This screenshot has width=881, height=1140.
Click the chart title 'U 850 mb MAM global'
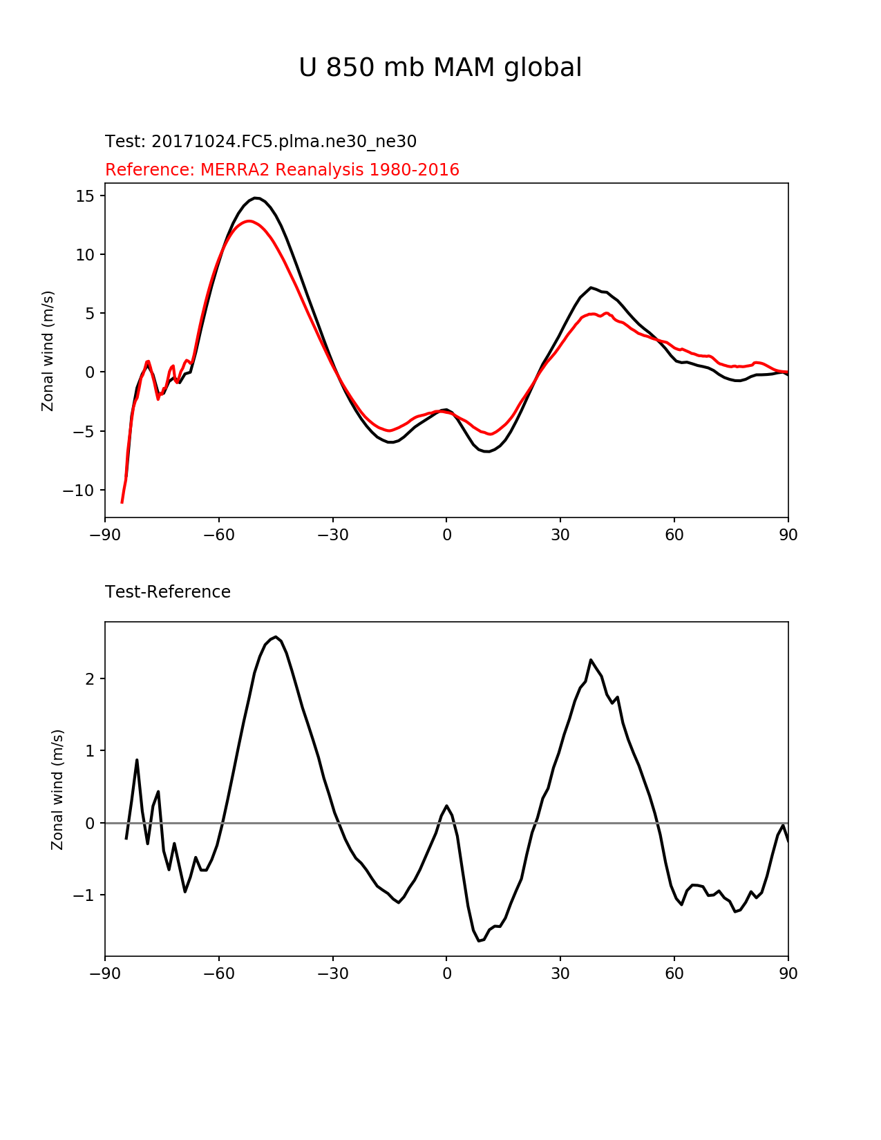point(440,68)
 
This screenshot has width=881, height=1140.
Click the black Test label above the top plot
point(260,142)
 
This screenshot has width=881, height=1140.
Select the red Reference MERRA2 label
point(282,170)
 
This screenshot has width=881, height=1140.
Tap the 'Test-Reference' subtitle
point(168,592)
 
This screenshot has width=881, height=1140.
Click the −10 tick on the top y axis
point(79,491)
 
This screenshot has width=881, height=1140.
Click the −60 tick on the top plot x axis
point(219,535)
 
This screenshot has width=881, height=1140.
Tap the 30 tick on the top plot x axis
point(560,535)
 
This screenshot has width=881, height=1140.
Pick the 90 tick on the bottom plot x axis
point(788,973)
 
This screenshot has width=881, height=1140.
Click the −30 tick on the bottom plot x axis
point(332,973)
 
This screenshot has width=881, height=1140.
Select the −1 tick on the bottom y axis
point(84,895)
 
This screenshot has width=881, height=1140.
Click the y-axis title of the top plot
point(48,350)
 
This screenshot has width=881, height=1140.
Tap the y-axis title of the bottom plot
point(57,789)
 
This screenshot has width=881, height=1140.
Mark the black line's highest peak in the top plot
point(256,198)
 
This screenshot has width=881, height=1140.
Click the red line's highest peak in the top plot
point(249,221)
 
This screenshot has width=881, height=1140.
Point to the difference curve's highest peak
point(276,637)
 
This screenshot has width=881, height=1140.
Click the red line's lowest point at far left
point(122,502)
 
